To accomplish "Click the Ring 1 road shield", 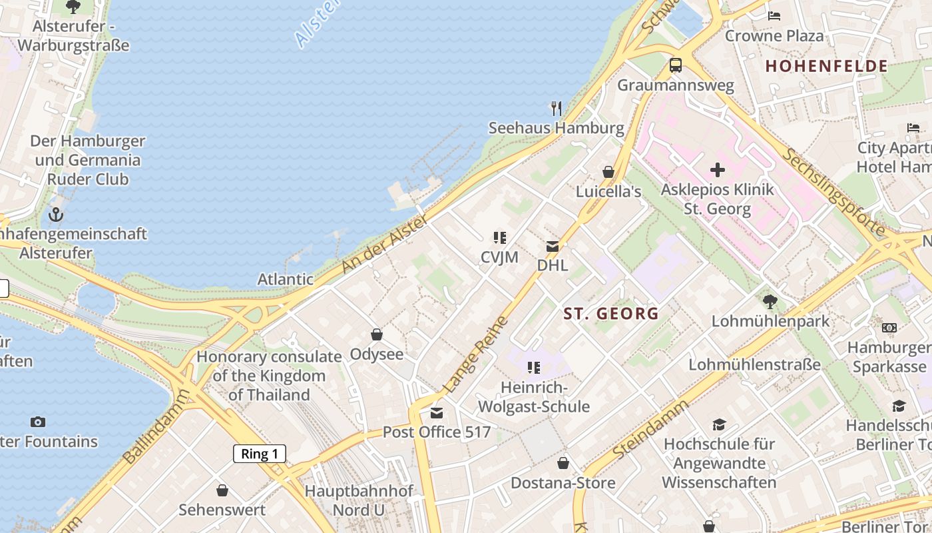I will pos(260,454).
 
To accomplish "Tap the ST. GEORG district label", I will pos(611,313).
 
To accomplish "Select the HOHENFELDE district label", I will pos(826,66).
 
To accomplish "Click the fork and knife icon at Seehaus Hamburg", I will pos(557,108).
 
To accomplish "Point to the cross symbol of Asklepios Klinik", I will pos(717,170).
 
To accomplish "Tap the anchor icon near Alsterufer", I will pos(57,215).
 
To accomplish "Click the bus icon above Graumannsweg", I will pos(676,65).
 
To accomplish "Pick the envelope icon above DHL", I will pos(553,247).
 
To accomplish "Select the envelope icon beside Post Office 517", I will pos(437,413).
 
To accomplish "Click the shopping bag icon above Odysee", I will pos(377,334).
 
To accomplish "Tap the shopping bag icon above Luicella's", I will pos(608,172).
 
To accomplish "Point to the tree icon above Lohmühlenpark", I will pos(770,302).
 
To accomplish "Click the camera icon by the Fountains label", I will pos(38,422).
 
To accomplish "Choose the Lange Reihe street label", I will pos(475,354).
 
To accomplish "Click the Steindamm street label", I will pos(650,430).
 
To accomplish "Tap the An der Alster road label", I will pos(385,245).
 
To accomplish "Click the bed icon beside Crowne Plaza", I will pos(774,15).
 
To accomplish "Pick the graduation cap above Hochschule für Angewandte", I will pos(719,424).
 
